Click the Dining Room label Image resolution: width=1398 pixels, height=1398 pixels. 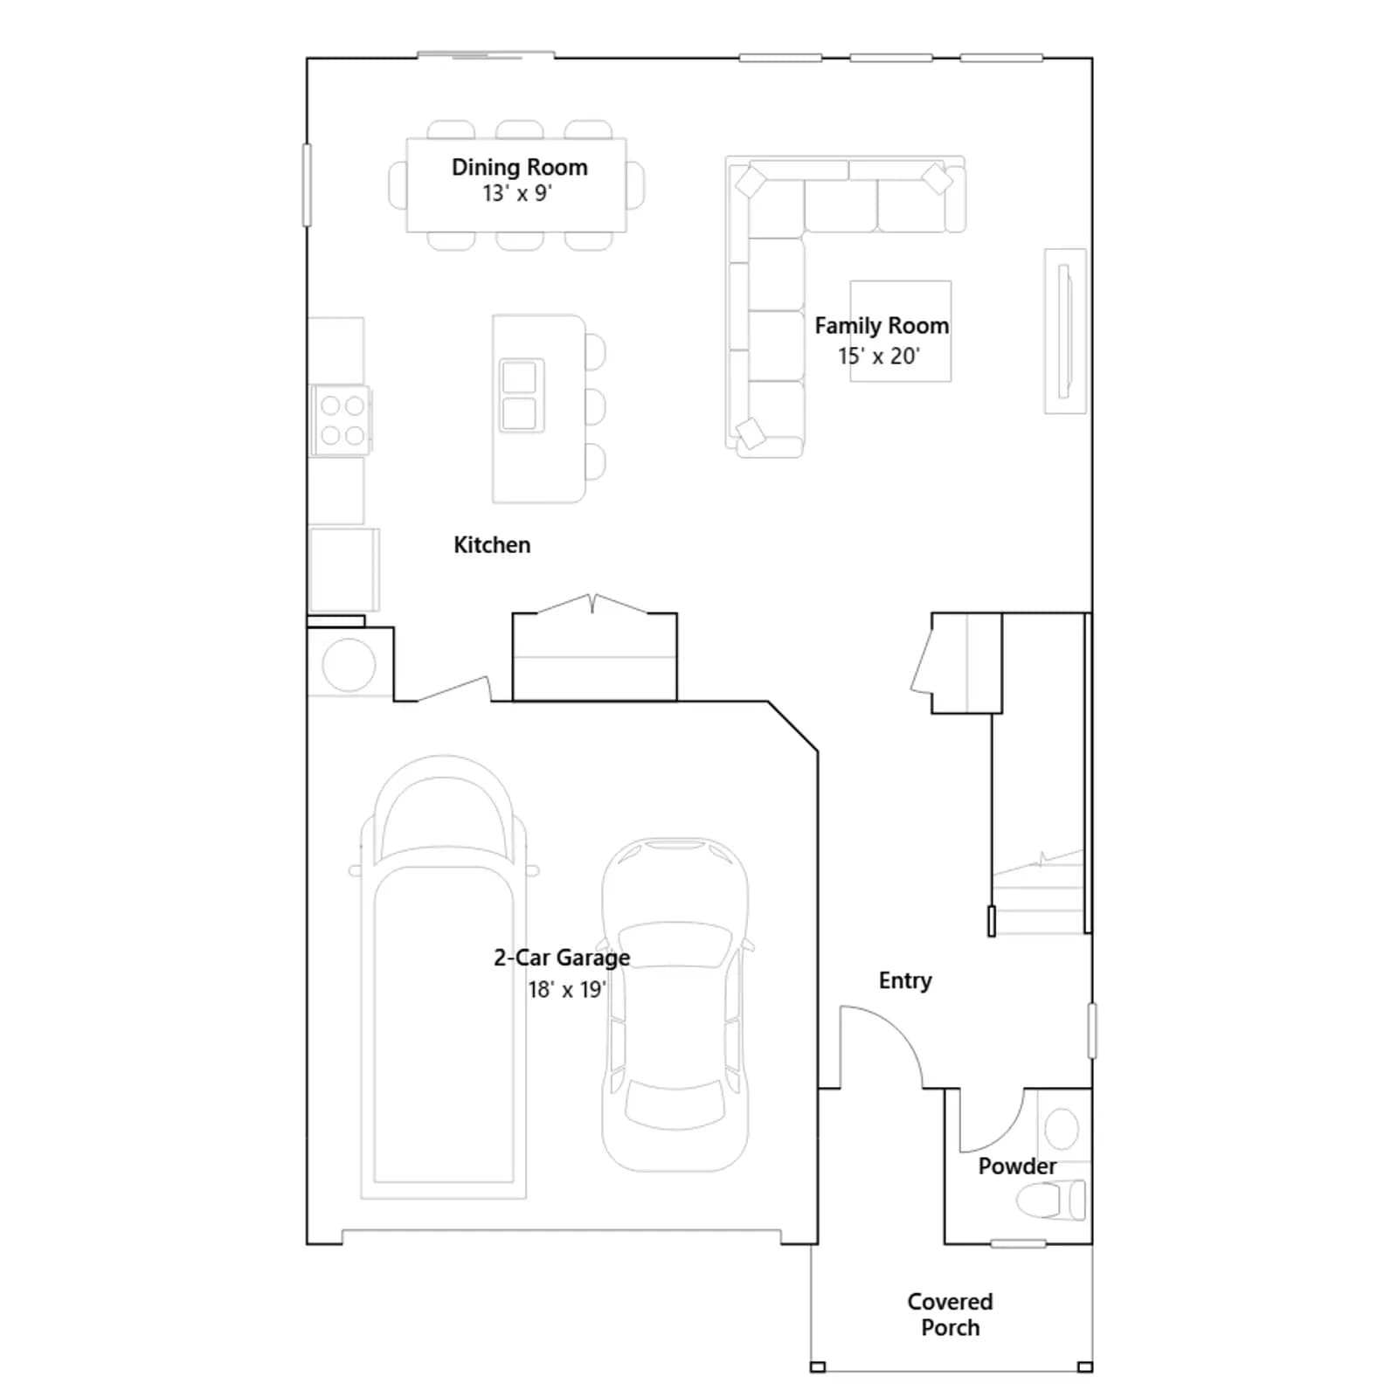click(x=519, y=167)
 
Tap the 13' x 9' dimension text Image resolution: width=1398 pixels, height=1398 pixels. click(x=517, y=193)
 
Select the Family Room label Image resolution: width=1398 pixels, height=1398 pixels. click(x=882, y=326)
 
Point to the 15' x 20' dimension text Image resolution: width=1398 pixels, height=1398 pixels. click(x=879, y=356)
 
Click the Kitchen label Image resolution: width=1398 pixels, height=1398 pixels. click(x=492, y=544)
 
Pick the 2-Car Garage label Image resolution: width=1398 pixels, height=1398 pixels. click(x=562, y=959)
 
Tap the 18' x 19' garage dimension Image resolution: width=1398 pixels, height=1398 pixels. click(x=567, y=989)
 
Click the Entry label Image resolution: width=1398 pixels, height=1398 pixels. click(x=905, y=981)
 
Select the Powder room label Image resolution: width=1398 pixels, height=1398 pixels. click(x=1017, y=1166)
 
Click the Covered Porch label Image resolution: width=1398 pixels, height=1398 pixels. click(x=950, y=1314)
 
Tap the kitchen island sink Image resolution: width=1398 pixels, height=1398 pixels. click(x=521, y=396)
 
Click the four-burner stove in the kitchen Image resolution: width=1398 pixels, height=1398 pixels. click(x=342, y=420)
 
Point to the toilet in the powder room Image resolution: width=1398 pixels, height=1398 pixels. click(x=1051, y=1200)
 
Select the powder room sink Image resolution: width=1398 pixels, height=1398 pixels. click(x=1062, y=1128)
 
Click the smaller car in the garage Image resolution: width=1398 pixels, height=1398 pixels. click(x=675, y=1005)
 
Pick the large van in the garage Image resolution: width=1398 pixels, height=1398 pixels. click(x=444, y=977)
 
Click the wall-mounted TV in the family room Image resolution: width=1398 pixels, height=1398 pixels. click(x=1065, y=331)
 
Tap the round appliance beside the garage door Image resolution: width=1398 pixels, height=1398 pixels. click(x=349, y=665)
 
